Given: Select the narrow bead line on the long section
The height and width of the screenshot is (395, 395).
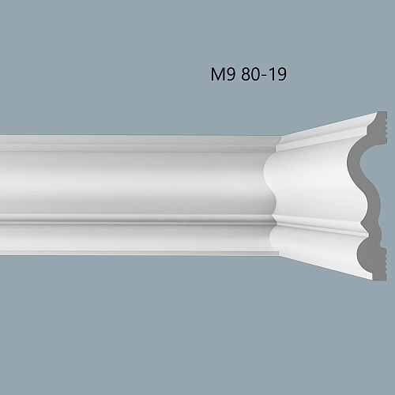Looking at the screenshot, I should pyautogui.click(x=134, y=218).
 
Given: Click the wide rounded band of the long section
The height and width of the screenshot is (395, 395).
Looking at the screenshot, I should pyautogui.click(x=134, y=178).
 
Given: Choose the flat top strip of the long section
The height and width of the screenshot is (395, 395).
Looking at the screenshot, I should pyautogui.click(x=134, y=142).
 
